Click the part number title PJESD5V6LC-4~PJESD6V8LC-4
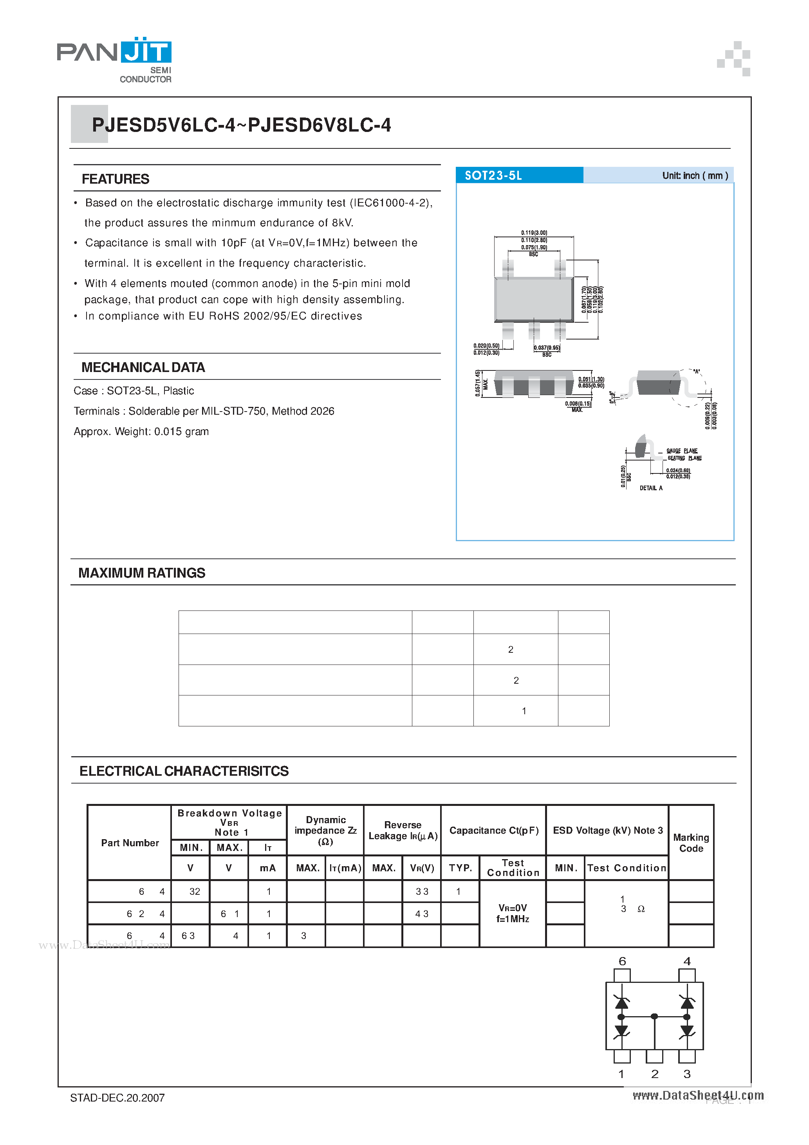[241, 125]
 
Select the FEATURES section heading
[115, 179]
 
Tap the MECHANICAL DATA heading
[143, 368]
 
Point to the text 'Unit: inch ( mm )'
[695, 175]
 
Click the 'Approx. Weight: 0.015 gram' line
[141, 432]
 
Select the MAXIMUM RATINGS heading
[142, 573]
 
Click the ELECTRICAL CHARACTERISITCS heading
[184, 771]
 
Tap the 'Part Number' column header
[130, 843]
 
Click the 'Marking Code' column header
[691, 843]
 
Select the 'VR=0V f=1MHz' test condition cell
[512, 913]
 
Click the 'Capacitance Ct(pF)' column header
[493, 830]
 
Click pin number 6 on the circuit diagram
[622, 961]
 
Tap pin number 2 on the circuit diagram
[654, 1074]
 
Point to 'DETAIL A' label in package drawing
[651, 488]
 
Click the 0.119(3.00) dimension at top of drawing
[534, 233]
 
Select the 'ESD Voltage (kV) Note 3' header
[607, 830]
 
